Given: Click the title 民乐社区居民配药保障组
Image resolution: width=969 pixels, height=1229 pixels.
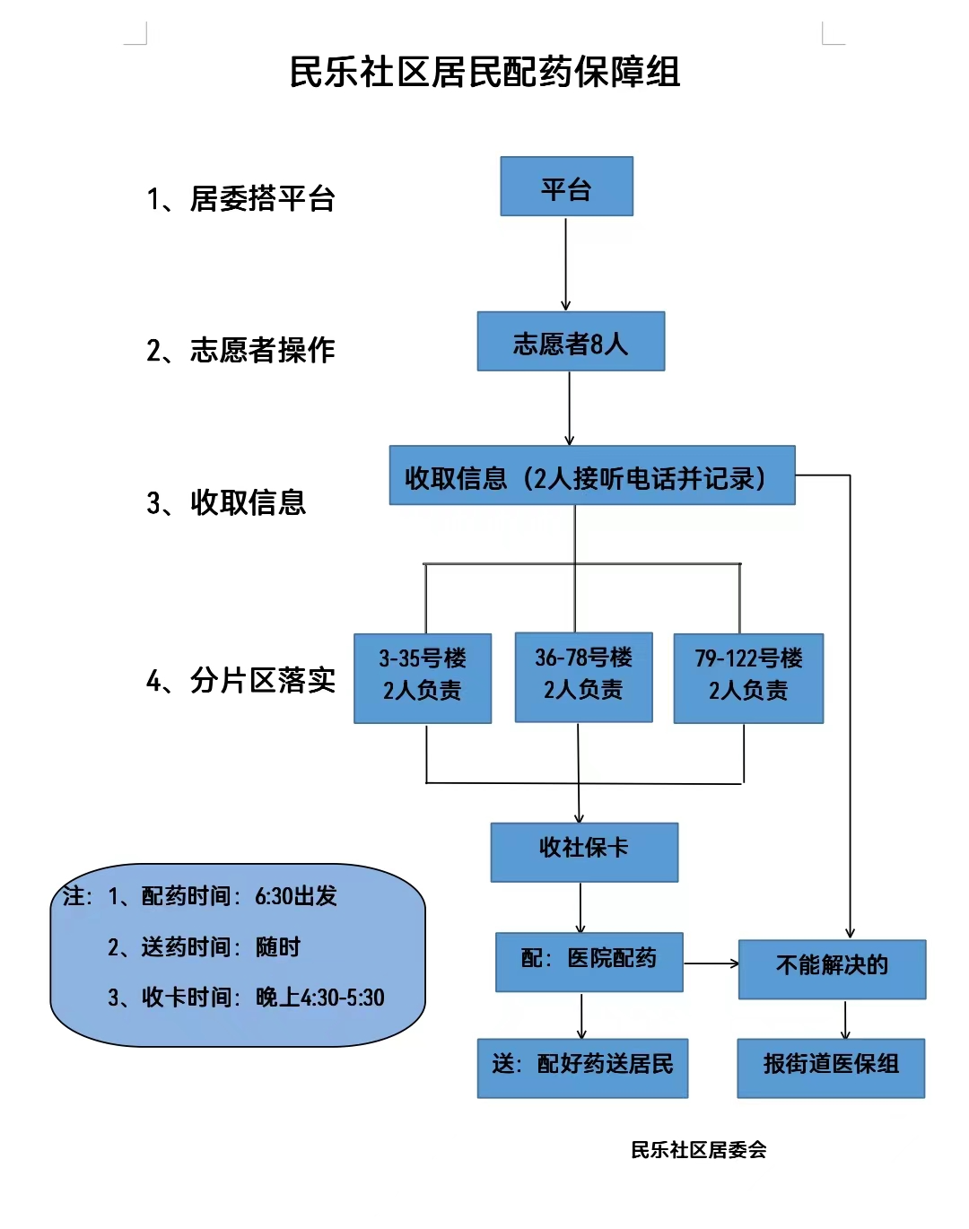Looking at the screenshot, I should [x=484, y=72].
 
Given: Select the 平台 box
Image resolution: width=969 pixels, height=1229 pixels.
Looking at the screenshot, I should [x=566, y=187].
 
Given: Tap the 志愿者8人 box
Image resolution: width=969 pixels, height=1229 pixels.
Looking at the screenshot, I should [x=571, y=342].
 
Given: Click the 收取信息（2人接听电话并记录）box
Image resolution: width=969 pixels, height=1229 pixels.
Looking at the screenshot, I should [x=591, y=475].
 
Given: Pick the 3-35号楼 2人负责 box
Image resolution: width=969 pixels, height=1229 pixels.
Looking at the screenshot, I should [x=423, y=677].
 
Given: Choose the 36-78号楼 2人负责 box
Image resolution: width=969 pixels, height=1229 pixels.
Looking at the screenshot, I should [x=583, y=676].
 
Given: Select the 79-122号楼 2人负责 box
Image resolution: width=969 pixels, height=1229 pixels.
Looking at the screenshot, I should [x=748, y=677].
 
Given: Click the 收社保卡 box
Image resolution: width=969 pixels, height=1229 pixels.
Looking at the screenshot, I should [x=584, y=851].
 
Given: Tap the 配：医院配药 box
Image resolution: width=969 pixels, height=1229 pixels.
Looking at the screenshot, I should [x=589, y=962].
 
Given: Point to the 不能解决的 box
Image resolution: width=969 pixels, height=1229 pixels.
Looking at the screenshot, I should [x=832, y=969].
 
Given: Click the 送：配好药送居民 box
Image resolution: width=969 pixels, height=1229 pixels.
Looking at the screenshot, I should [x=582, y=1068].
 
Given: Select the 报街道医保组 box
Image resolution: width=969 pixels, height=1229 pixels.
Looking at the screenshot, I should [x=831, y=1068].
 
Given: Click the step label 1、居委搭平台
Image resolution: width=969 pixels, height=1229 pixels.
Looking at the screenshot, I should [x=240, y=198].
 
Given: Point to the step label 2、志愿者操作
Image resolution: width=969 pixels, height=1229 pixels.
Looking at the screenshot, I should [x=240, y=350].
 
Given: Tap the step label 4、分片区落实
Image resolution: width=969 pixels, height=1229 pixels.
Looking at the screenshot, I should [x=240, y=680].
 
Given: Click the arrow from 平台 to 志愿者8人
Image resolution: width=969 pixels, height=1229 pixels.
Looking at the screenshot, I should [x=566, y=264].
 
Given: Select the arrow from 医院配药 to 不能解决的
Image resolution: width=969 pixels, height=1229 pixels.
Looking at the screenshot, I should [x=711, y=963].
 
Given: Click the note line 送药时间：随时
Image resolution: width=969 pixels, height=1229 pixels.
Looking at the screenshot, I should [x=205, y=947].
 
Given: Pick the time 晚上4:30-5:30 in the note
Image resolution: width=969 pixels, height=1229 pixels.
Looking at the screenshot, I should [x=320, y=998].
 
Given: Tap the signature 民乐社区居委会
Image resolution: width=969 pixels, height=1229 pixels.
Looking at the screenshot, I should [x=698, y=1150].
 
